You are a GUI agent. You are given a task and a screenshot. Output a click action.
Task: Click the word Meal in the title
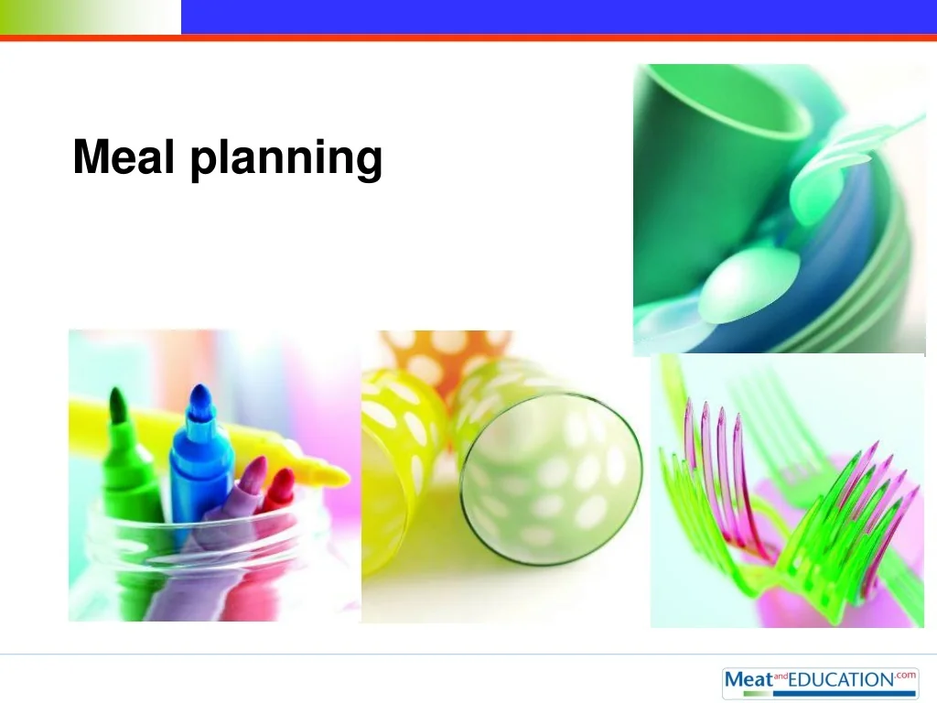tap(124, 157)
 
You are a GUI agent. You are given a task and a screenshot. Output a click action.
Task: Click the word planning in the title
tap(286, 159)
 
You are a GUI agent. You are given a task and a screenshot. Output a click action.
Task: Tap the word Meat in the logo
tap(749, 680)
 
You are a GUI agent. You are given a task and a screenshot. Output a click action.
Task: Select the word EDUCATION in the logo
tap(842, 680)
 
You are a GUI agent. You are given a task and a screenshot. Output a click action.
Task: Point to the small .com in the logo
tap(906, 675)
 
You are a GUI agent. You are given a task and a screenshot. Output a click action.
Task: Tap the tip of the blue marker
tap(200, 387)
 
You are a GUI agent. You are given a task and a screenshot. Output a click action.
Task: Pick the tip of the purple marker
tap(262, 460)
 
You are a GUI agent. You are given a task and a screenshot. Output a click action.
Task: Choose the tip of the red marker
tap(289, 471)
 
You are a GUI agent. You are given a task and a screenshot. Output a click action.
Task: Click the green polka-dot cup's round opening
tap(551, 479)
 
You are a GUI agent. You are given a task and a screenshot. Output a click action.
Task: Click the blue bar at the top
tap(559, 16)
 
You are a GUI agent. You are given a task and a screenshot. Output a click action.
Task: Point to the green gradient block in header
tap(91, 16)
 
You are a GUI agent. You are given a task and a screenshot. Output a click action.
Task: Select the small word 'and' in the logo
tap(781, 676)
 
